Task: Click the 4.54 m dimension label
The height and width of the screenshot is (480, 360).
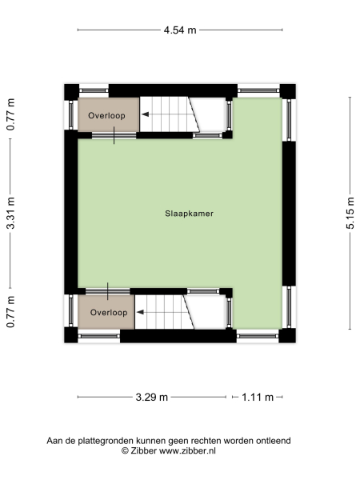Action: click(180, 30)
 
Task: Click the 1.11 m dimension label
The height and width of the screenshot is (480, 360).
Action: click(258, 397)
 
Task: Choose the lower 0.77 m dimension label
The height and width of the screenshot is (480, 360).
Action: click(10, 312)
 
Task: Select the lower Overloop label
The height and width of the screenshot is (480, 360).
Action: click(108, 312)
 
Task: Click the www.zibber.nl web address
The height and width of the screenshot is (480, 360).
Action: click(188, 451)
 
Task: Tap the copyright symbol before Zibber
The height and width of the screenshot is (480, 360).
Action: click(125, 451)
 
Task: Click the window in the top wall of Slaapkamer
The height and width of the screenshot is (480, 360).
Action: click(258, 91)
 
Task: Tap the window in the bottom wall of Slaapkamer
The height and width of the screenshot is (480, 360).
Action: click(258, 336)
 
